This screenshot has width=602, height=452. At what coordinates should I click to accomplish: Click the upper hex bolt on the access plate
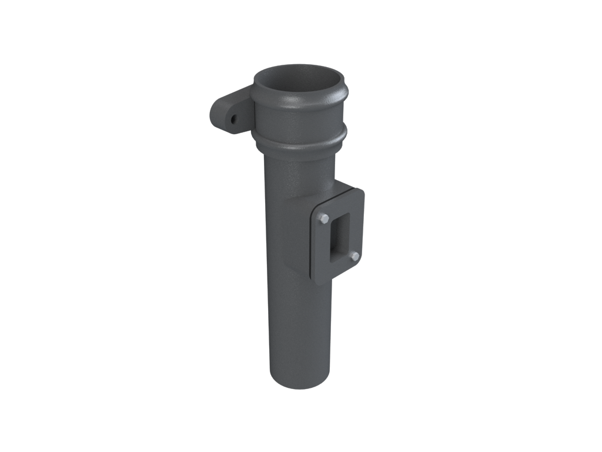pos(323,219)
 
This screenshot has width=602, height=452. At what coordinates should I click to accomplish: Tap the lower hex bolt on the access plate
pos(354,257)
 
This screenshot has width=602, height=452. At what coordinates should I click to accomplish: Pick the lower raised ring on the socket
pos(299,140)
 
